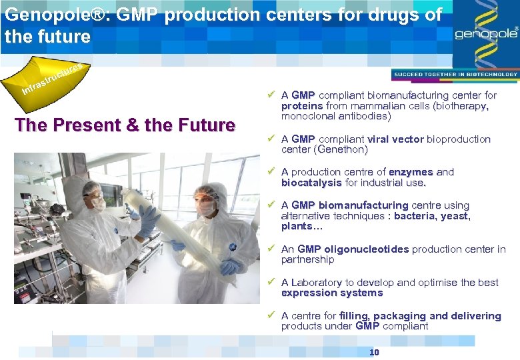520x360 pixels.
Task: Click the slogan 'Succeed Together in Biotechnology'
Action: tap(455, 75)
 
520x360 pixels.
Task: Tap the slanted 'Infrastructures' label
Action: tap(52, 79)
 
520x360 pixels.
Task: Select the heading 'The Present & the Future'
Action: tap(125, 125)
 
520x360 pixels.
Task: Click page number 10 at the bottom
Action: tap(374, 352)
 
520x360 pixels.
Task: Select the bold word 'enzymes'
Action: tap(411, 172)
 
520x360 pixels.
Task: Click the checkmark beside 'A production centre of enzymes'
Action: tap(271, 172)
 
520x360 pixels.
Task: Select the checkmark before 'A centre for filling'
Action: tap(271, 315)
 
